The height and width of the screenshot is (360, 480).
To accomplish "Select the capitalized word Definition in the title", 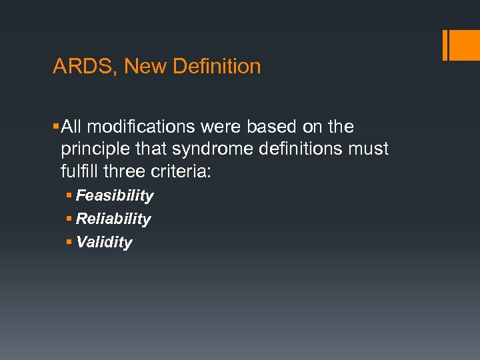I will click(217, 67).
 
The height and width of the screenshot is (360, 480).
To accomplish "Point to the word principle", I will click(94, 149).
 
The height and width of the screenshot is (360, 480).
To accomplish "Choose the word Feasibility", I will click(115, 196).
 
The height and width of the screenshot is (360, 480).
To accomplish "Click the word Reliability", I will click(113, 219).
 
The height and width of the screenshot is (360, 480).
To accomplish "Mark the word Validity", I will click(104, 243).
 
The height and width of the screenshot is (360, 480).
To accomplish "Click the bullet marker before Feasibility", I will click(69, 196).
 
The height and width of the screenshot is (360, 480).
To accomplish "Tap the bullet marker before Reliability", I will click(69, 219).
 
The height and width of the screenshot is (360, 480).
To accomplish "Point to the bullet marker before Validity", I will click(69, 243).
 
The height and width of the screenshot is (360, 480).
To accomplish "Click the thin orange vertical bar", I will click(445, 45).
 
